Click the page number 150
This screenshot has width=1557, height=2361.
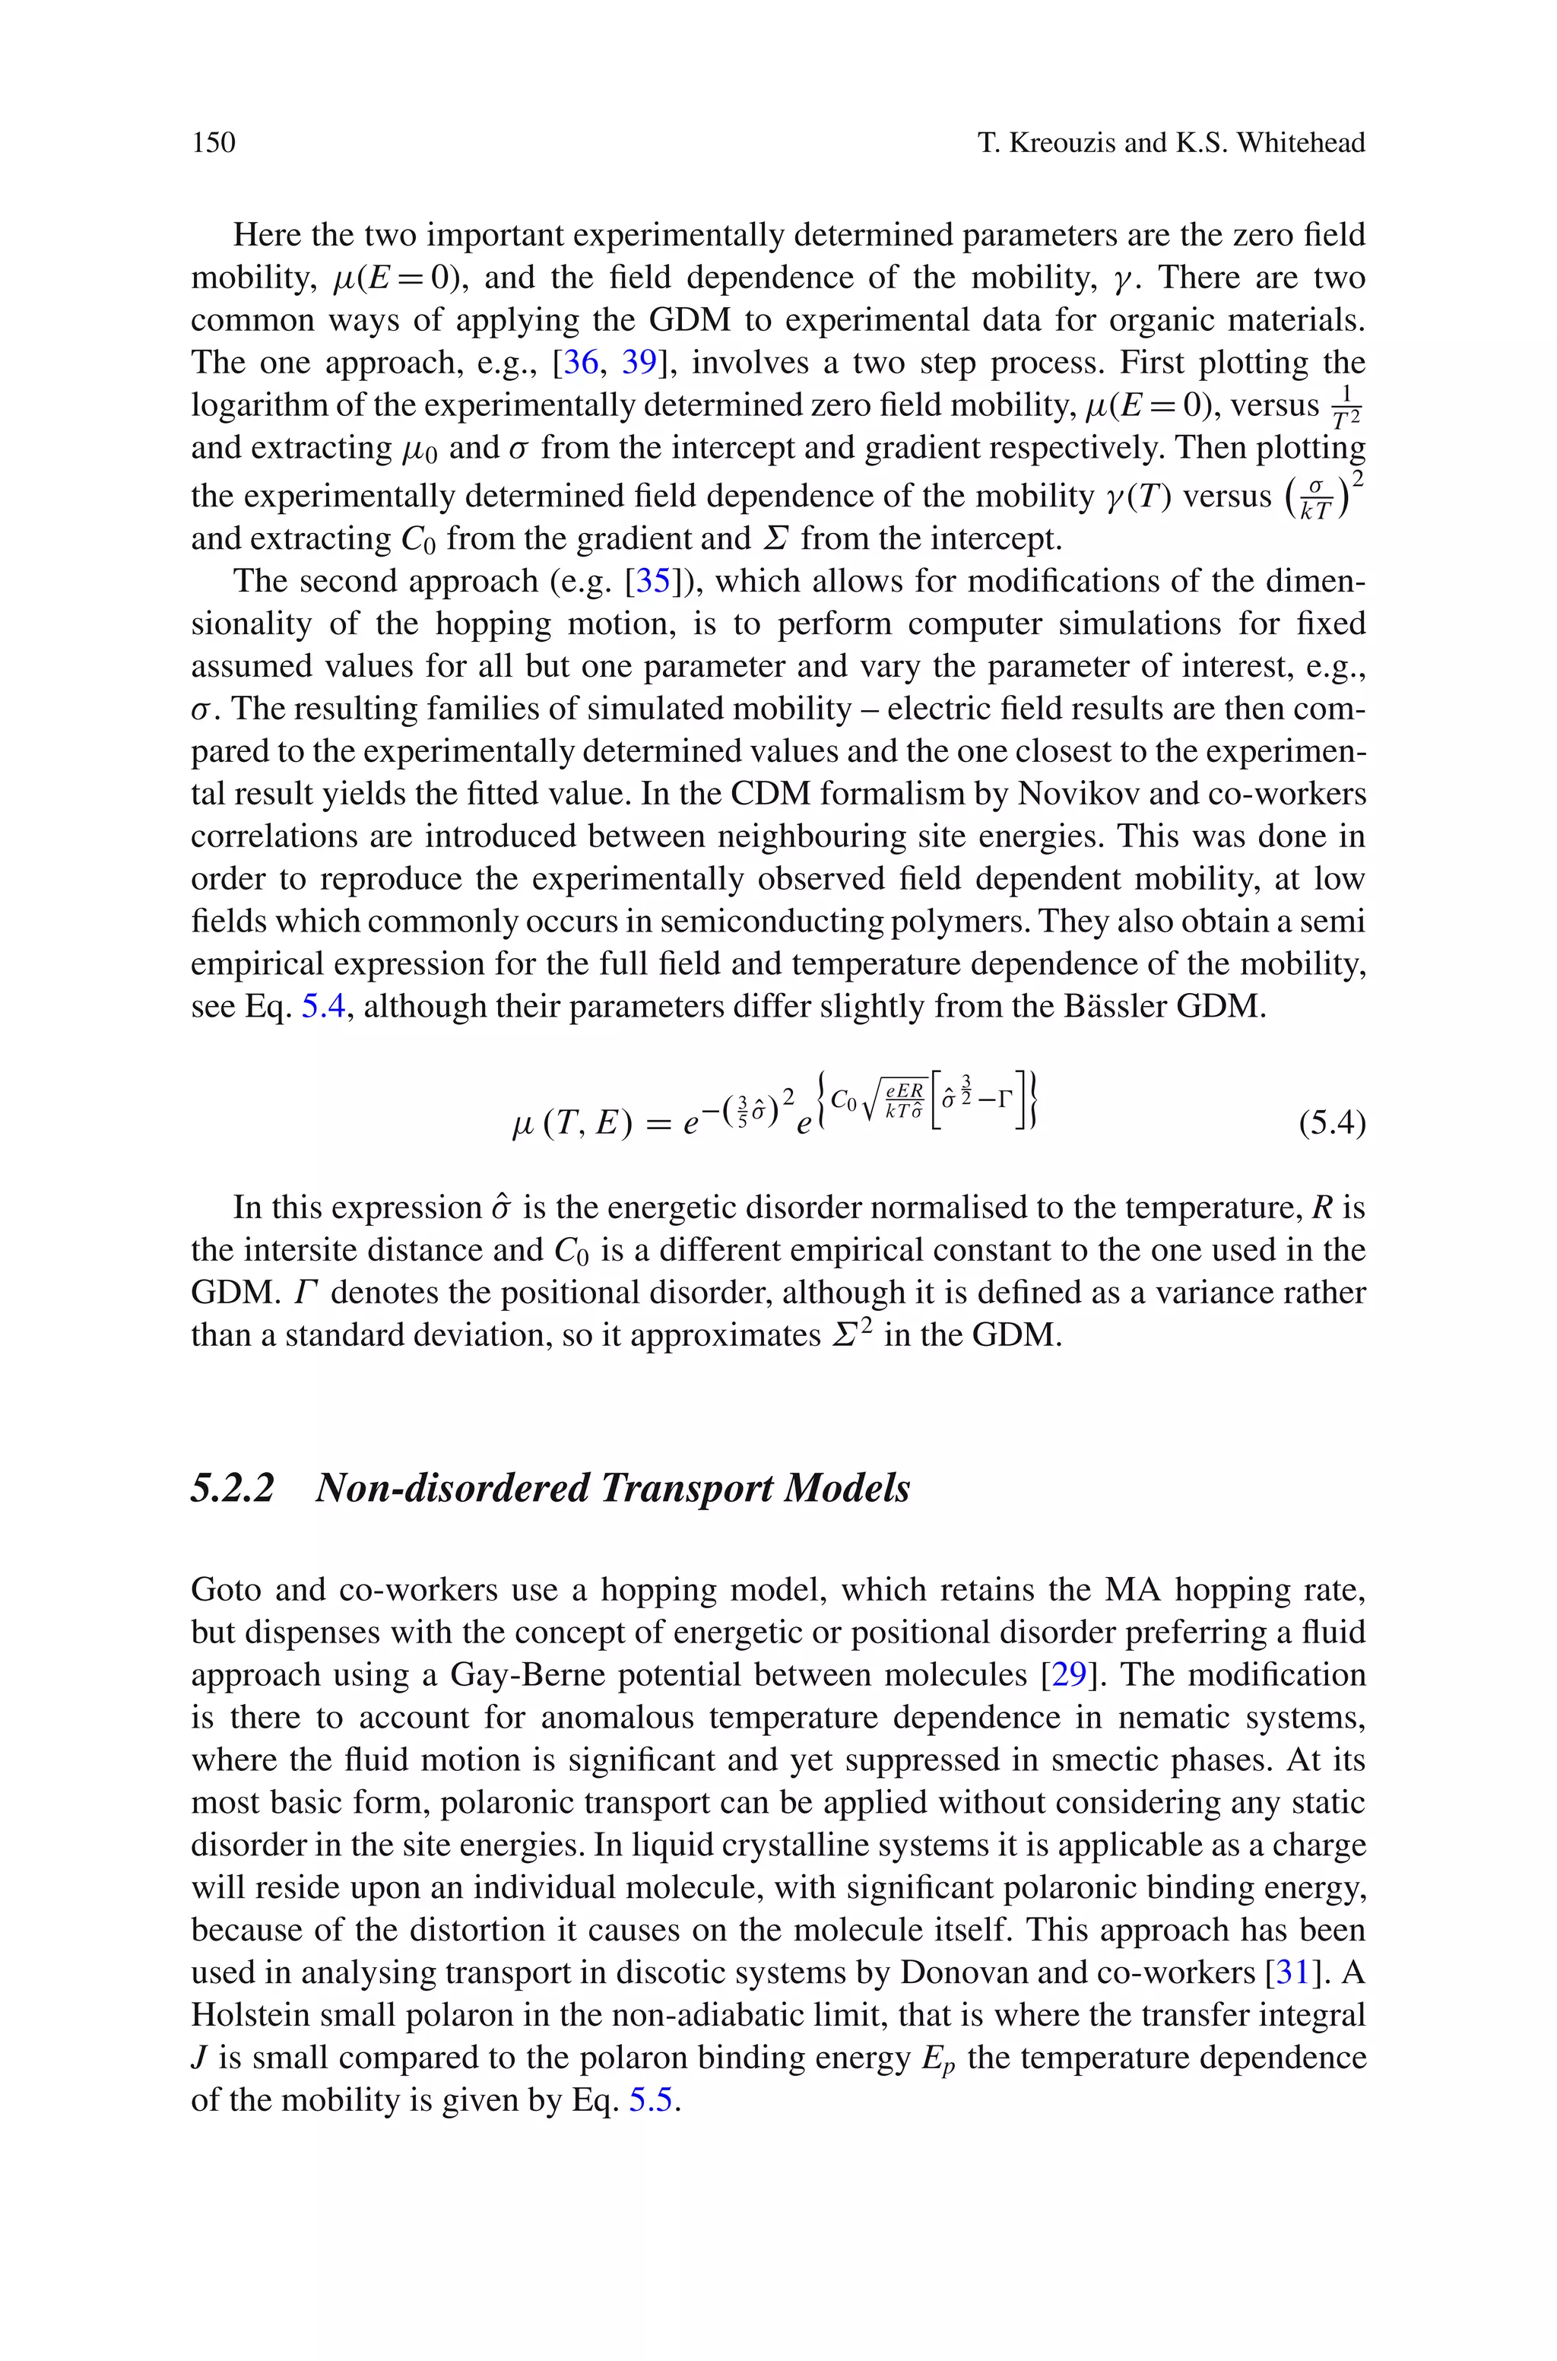[x=214, y=143]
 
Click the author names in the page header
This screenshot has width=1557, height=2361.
[x=1171, y=143]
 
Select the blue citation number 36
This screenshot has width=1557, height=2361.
[x=581, y=363]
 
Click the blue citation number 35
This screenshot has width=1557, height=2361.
[x=653, y=581]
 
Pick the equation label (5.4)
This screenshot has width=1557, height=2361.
[x=1332, y=1124]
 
